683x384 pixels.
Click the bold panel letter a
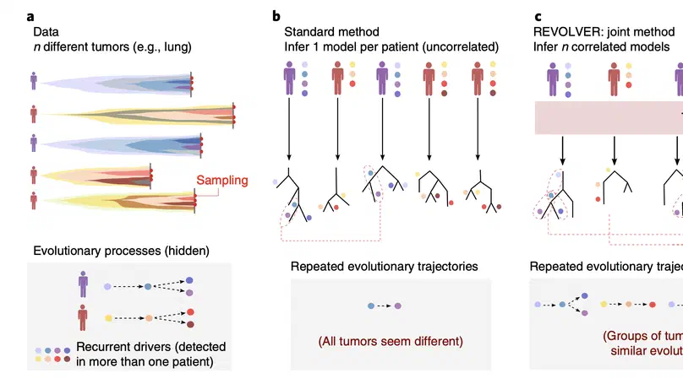pyautogui.click(x=30, y=15)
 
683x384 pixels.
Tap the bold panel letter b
pyautogui.click(x=276, y=15)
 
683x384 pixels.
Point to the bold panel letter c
pyautogui.click(x=538, y=15)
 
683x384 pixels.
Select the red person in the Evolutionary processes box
pyautogui.click(x=83, y=317)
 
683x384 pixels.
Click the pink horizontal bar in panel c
pyautogui.click(x=609, y=118)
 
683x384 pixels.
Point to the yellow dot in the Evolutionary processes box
pyautogui.click(x=107, y=318)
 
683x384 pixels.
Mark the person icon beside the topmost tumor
pyautogui.click(x=34, y=81)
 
